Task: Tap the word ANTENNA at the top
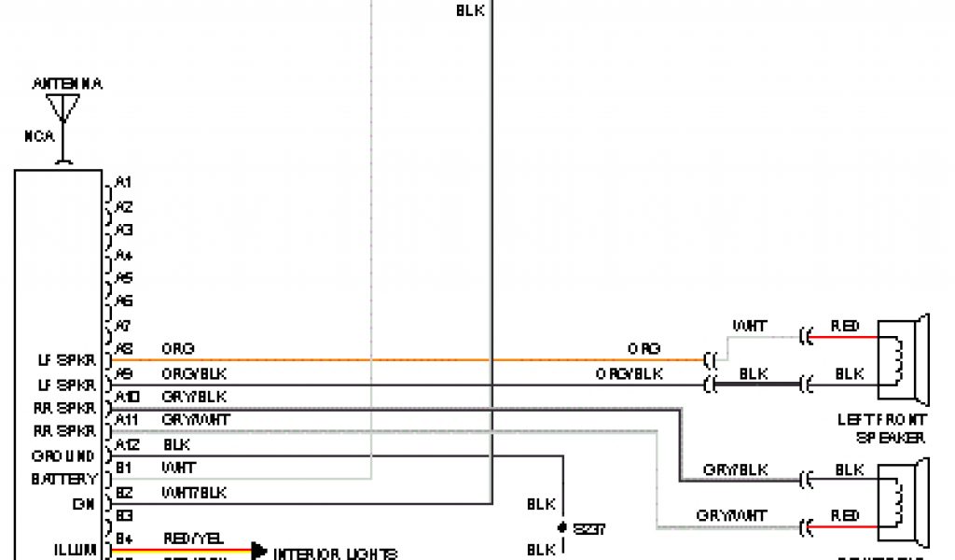coord(67,84)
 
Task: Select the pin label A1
coord(123,182)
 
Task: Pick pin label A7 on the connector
coord(123,326)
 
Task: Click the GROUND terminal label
coord(63,456)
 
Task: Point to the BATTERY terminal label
coord(63,480)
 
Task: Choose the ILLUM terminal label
coord(76,551)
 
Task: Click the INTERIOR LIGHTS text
coord(335,553)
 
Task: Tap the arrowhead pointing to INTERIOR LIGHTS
coord(258,552)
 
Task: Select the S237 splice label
coord(589,528)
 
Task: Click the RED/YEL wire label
coord(194,539)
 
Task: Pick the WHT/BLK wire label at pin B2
coord(194,492)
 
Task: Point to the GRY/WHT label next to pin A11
coord(196,420)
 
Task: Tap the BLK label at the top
coord(470,10)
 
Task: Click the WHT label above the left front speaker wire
coord(751,327)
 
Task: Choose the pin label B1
coord(123,468)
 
